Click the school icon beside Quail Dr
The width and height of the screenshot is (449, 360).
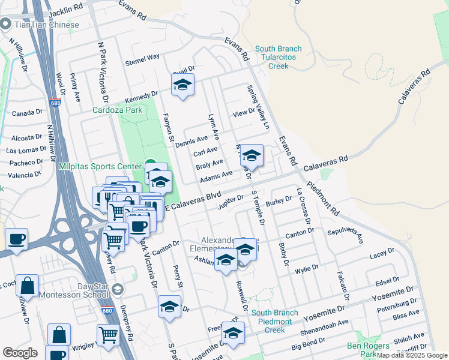click(x=182, y=85)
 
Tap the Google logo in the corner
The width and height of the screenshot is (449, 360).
click(x=20, y=352)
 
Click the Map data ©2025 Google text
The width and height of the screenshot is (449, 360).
click(x=412, y=355)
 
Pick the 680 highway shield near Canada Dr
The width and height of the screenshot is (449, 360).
click(x=55, y=103)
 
